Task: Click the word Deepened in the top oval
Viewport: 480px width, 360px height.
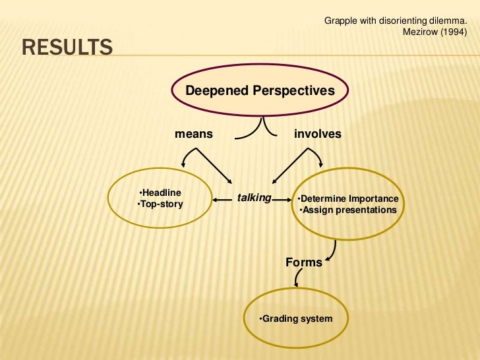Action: tap(217, 91)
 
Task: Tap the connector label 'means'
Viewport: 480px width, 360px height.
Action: tap(194, 134)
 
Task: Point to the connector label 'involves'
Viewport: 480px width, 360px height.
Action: tap(318, 134)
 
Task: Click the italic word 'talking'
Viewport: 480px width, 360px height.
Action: tap(254, 197)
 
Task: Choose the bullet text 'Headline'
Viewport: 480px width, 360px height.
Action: tap(162, 193)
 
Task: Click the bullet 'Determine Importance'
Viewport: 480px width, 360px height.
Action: tap(347, 199)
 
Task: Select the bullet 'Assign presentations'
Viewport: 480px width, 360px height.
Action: tap(348, 210)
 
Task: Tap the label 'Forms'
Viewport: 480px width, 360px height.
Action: tap(304, 262)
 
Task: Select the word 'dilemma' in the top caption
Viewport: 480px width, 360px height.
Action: tap(457, 21)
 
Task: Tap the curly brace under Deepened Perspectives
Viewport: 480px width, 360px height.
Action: tap(264, 129)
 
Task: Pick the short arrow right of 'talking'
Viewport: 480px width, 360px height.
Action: tap(283, 198)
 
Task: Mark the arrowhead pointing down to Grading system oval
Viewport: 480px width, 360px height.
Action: tap(297, 284)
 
